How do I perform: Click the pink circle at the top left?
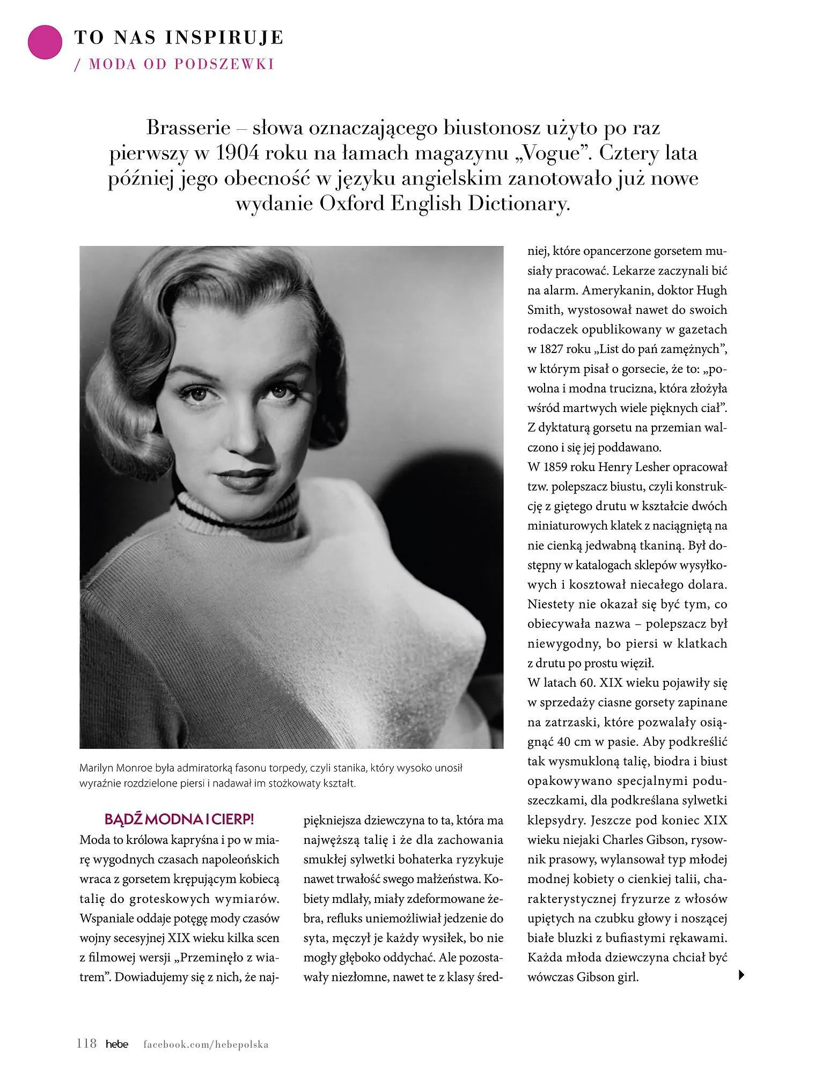[45, 41]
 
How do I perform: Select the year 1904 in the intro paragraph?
[237, 153]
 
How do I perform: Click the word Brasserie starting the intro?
[188, 128]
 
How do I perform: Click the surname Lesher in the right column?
[651, 467]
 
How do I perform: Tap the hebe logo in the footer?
[117, 1043]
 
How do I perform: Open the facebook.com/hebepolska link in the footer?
[206, 1044]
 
